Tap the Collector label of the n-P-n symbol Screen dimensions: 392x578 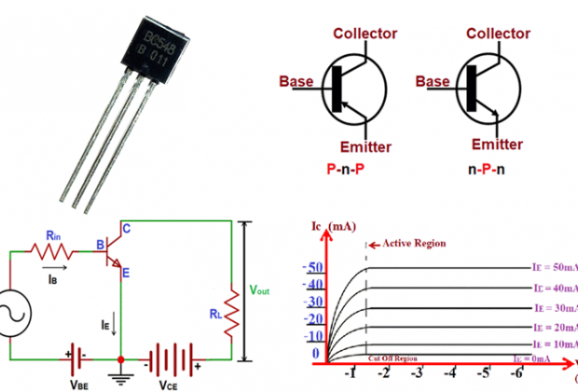tap(504, 34)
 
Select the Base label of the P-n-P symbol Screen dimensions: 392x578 tap(296, 81)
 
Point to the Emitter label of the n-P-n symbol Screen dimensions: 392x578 tap(497, 145)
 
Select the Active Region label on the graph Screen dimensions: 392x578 tap(410, 244)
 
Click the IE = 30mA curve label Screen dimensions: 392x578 tap(554, 308)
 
